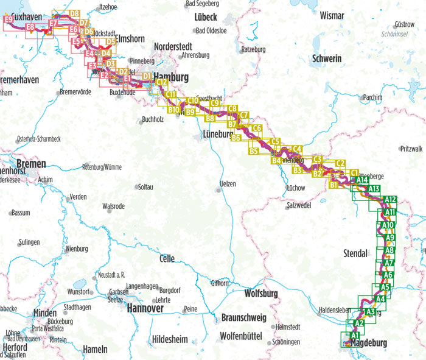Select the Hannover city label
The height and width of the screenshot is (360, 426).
pyautogui.click(x=145, y=309)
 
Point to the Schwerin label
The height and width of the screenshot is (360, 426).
pyautogui.click(x=327, y=58)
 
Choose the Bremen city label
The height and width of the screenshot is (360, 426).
pyautogui.click(x=15, y=164)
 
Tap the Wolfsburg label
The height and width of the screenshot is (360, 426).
pyautogui.click(x=260, y=294)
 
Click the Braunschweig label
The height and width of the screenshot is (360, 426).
pyautogui.click(x=244, y=317)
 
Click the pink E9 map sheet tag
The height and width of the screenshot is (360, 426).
pyautogui.click(x=9, y=19)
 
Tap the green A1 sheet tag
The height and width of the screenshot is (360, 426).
pyautogui.click(x=355, y=335)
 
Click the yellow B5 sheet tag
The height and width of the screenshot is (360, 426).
pyautogui.click(x=254, y=150)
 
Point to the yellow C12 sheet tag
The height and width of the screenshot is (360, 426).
pyautogui.click(x=162, y=82)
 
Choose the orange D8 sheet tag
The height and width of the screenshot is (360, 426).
pyautogui.click(x=75, y=13)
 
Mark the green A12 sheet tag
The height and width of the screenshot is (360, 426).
pyautogui.click(x=391, y=199)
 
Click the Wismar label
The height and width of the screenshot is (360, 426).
pyautogui.click(x=332, y=15)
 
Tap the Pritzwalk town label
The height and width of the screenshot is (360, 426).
pyautogui.click(x=411, y=149)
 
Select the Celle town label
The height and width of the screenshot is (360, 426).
pyautogui.click(x=166, y=259)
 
